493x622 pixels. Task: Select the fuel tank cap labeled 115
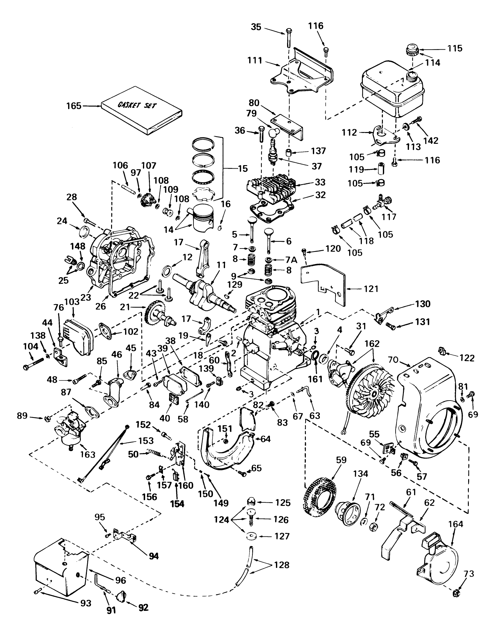(x=412, y=51)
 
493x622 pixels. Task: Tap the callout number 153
(x=145, y=441)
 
